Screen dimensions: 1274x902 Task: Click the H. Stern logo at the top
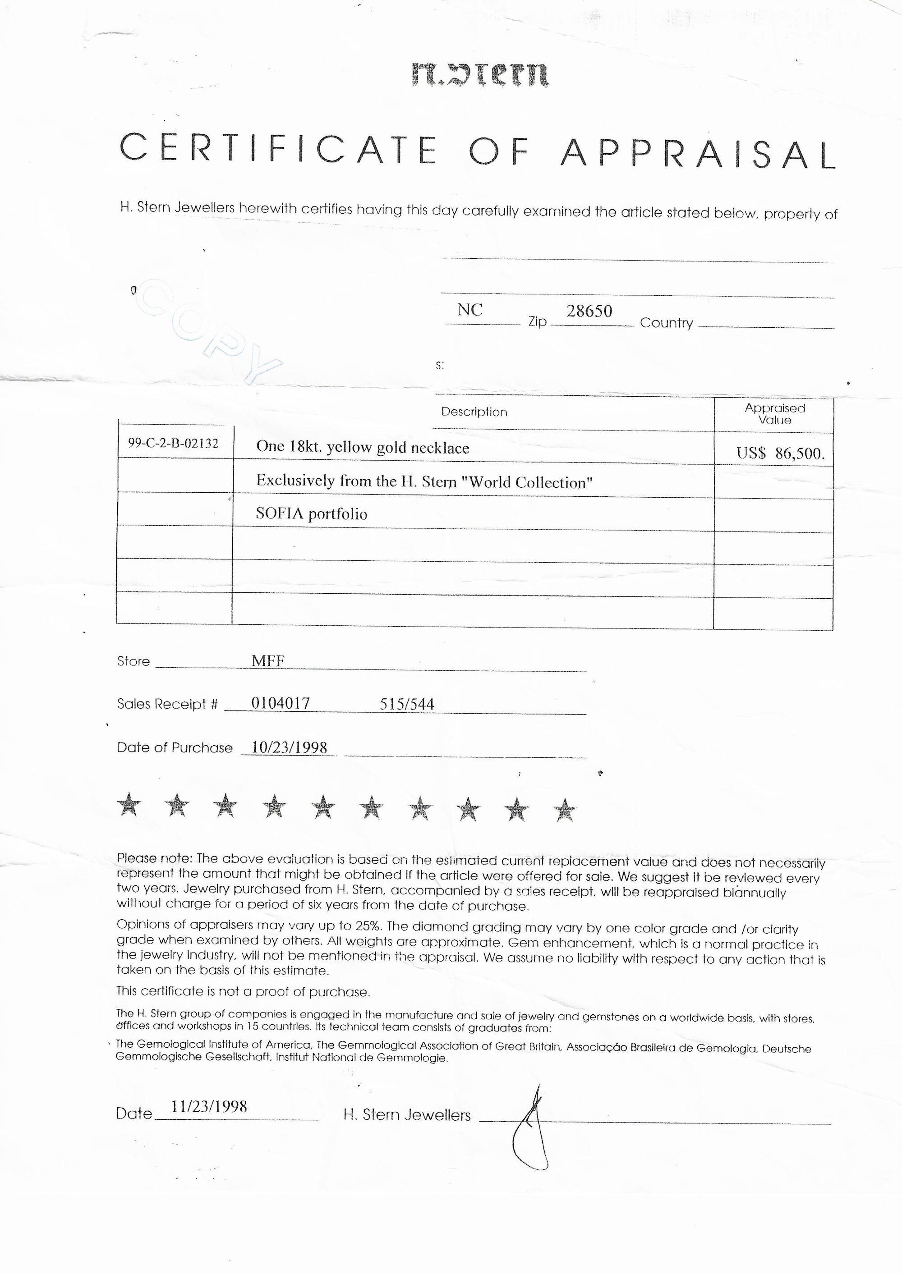[480, 75]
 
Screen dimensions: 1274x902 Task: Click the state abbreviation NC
[470, 310]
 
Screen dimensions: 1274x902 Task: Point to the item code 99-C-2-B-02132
[173, 443]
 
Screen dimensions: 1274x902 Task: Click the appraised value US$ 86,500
[780, 453]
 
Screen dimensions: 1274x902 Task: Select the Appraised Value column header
[774, 413]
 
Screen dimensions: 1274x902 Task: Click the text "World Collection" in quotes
[527, 482]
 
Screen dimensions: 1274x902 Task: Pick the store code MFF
[268, 660]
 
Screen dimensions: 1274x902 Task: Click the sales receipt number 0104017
[281, 703]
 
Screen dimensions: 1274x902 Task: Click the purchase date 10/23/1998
[290, 747]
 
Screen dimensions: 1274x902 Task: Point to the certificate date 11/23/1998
[209, 1106]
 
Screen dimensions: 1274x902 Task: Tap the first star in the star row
[129, 804]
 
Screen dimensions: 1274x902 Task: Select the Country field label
[666, 323]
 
